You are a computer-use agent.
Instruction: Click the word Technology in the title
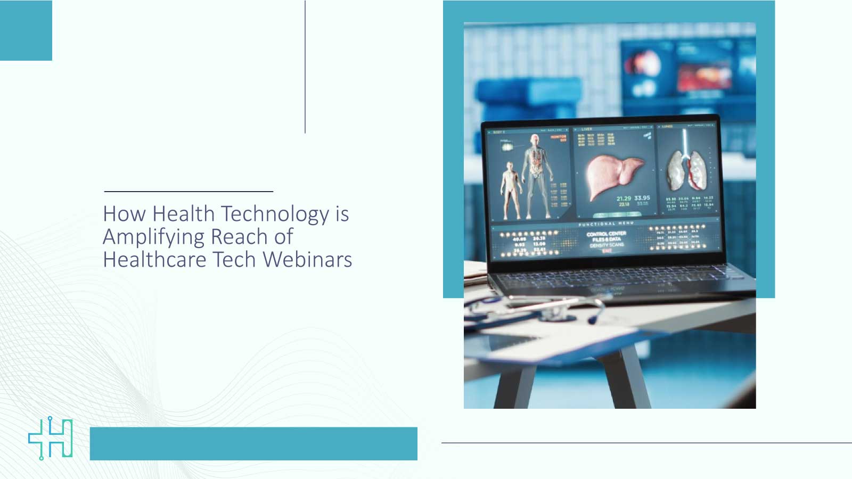click(275, 214)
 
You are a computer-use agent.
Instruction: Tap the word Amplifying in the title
click(154, 237)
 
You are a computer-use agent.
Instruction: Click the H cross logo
click(51, 438)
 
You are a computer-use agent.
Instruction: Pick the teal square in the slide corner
click(26, 30)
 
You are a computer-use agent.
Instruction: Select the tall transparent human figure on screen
click(536, 173)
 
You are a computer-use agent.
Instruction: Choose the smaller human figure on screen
click(510, 189)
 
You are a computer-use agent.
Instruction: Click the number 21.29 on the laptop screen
click(624, 199)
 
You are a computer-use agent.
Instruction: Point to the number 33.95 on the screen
click(642, 197)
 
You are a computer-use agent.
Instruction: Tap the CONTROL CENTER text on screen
click(607, 234)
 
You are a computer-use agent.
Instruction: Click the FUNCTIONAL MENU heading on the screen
click(606, 224)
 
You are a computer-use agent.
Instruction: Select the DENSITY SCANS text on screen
click(607, 245)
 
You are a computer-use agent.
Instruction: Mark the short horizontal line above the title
click(189, 191)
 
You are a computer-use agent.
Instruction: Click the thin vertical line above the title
click(305, 67)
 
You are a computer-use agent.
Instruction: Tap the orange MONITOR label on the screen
click(559, 137)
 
